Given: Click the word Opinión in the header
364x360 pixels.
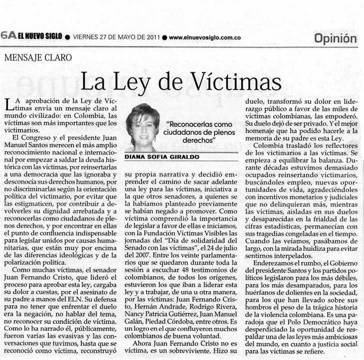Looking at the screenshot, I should [336, 38].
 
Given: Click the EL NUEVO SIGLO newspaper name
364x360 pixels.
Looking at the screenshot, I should [40, 36].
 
